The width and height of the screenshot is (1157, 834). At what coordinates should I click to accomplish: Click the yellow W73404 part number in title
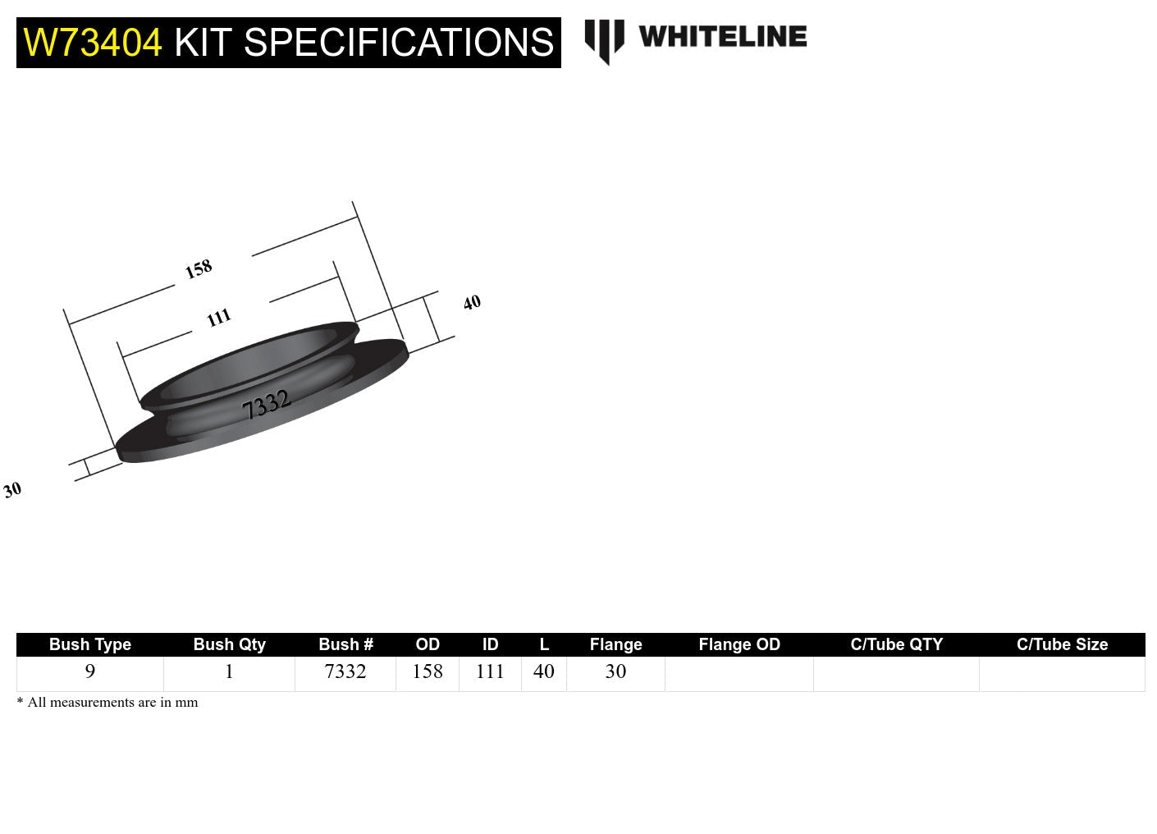pos(93,43)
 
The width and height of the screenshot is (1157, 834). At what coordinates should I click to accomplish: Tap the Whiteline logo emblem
pos(604,40)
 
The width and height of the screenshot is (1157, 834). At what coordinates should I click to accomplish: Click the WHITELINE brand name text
pos(722,37)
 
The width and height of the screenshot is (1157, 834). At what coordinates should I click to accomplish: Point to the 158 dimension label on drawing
pos(199,268)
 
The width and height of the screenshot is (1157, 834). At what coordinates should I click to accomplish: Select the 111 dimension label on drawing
pos(218,318)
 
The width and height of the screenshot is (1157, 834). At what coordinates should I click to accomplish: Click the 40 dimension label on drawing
pos(472,303)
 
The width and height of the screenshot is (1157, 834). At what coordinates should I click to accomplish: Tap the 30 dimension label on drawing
pos(12,490)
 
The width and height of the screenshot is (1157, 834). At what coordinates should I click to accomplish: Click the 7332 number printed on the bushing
pos(267,404)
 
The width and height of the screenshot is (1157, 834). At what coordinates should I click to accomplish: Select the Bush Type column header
pos(90,644)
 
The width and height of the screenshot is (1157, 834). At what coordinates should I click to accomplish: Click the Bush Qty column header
pos(229,644)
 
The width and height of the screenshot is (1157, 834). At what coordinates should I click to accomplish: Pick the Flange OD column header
pos(739,644)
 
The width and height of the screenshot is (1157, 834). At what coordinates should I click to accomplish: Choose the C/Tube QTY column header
pos(896,644)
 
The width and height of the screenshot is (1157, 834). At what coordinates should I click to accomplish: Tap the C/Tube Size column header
pos(1062,644)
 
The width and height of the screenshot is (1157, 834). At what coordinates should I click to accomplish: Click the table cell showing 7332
pos(345,671)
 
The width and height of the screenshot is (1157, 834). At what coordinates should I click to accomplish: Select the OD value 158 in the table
pos(428,671)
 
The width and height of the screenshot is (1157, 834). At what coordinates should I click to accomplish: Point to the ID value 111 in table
pos(490,671)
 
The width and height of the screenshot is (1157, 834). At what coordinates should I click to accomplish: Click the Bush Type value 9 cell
pos(90,671)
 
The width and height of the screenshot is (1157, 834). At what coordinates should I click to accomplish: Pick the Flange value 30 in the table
pos(615,671)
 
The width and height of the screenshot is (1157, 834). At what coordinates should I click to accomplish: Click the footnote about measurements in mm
pos(107,703)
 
